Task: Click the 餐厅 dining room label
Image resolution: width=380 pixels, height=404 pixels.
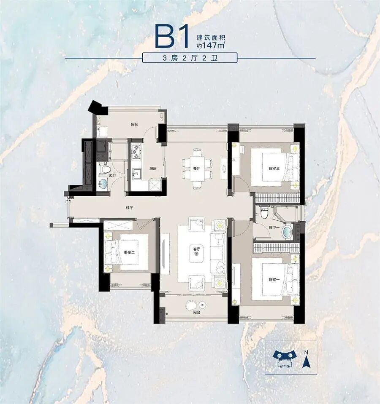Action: [197, 168]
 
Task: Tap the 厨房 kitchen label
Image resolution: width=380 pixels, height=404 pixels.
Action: [153, 168]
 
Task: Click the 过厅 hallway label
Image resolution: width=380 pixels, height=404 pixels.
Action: [129, 207]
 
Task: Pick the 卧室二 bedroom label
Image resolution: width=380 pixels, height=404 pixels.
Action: [129, 252]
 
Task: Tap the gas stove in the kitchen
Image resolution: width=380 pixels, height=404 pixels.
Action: [136, 150]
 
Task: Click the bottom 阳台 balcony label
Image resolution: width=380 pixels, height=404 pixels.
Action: [197, 313]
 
